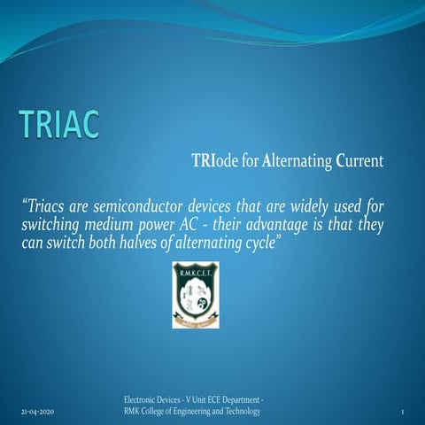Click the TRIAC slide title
61,126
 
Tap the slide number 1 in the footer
402,413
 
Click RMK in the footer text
135,413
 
